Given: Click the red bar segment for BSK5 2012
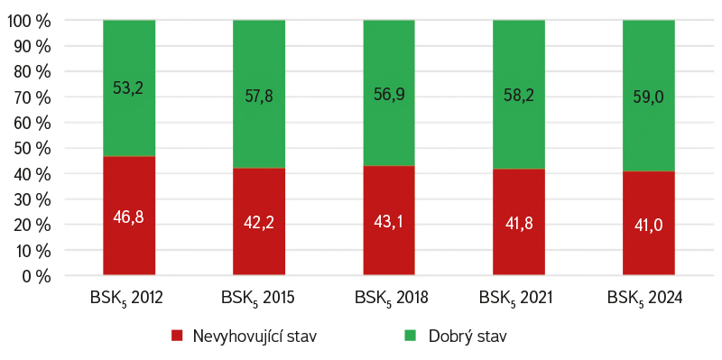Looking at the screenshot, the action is pos(129,216).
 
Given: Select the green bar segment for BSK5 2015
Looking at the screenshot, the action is pos(259,94).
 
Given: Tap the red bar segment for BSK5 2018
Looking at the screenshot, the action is pos(389,220).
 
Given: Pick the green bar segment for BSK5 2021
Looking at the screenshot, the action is pos(518,95).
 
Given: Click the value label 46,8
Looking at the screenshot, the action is pos(129,217).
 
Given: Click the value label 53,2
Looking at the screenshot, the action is pos(129,88).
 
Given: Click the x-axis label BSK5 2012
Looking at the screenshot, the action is pos(127,298).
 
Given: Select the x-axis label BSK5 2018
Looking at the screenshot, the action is pos(392,298).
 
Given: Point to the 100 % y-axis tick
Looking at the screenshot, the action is pos(29,21).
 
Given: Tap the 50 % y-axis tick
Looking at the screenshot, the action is pos(32,149).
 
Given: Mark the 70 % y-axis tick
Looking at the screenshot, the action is pos(32,97).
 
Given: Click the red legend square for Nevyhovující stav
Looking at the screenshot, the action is pos(177,335).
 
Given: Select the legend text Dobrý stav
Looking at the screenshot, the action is pos(467,336).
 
